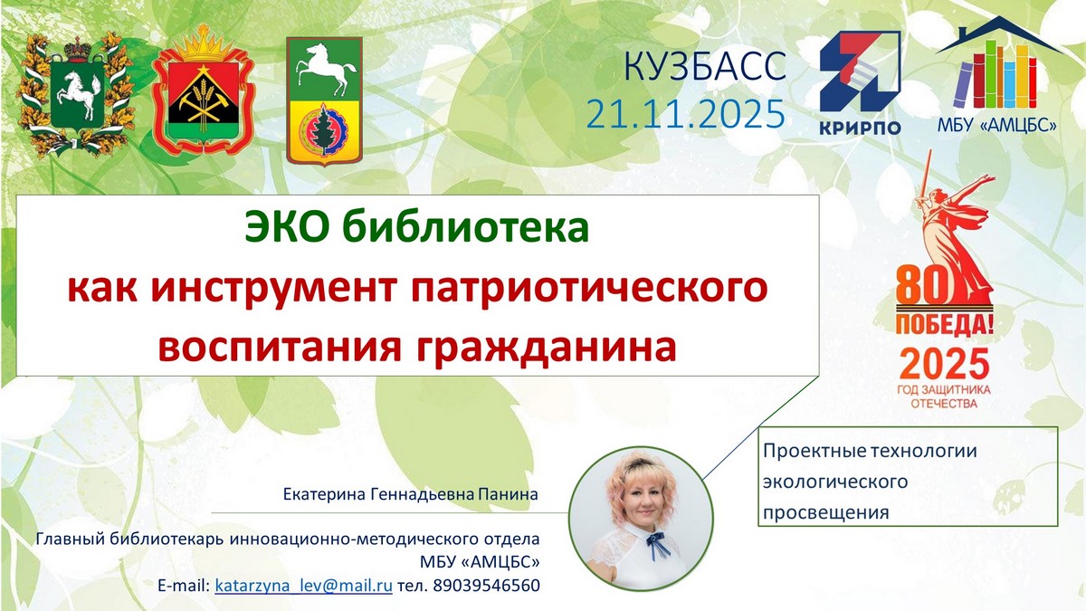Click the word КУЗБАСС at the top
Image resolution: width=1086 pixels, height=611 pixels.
click(704, 65)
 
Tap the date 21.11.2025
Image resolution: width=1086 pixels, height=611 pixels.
click(685, 114)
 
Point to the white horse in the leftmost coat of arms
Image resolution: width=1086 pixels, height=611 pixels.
click(77, 93)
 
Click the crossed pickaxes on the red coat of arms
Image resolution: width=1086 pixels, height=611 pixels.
click(203, 104)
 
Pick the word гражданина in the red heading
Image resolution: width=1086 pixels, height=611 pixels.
click(547, 348)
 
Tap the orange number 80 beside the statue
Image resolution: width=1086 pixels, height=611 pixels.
click(921, 287)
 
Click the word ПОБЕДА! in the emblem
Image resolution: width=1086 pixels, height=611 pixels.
click(944, 324)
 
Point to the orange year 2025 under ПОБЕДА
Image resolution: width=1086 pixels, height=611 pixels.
click(945, 364)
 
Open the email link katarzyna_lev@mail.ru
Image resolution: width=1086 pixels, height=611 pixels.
click(303, 586)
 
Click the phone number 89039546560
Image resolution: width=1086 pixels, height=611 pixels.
click(486, 586)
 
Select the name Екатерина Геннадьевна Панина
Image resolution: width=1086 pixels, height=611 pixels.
click(411, 494)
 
